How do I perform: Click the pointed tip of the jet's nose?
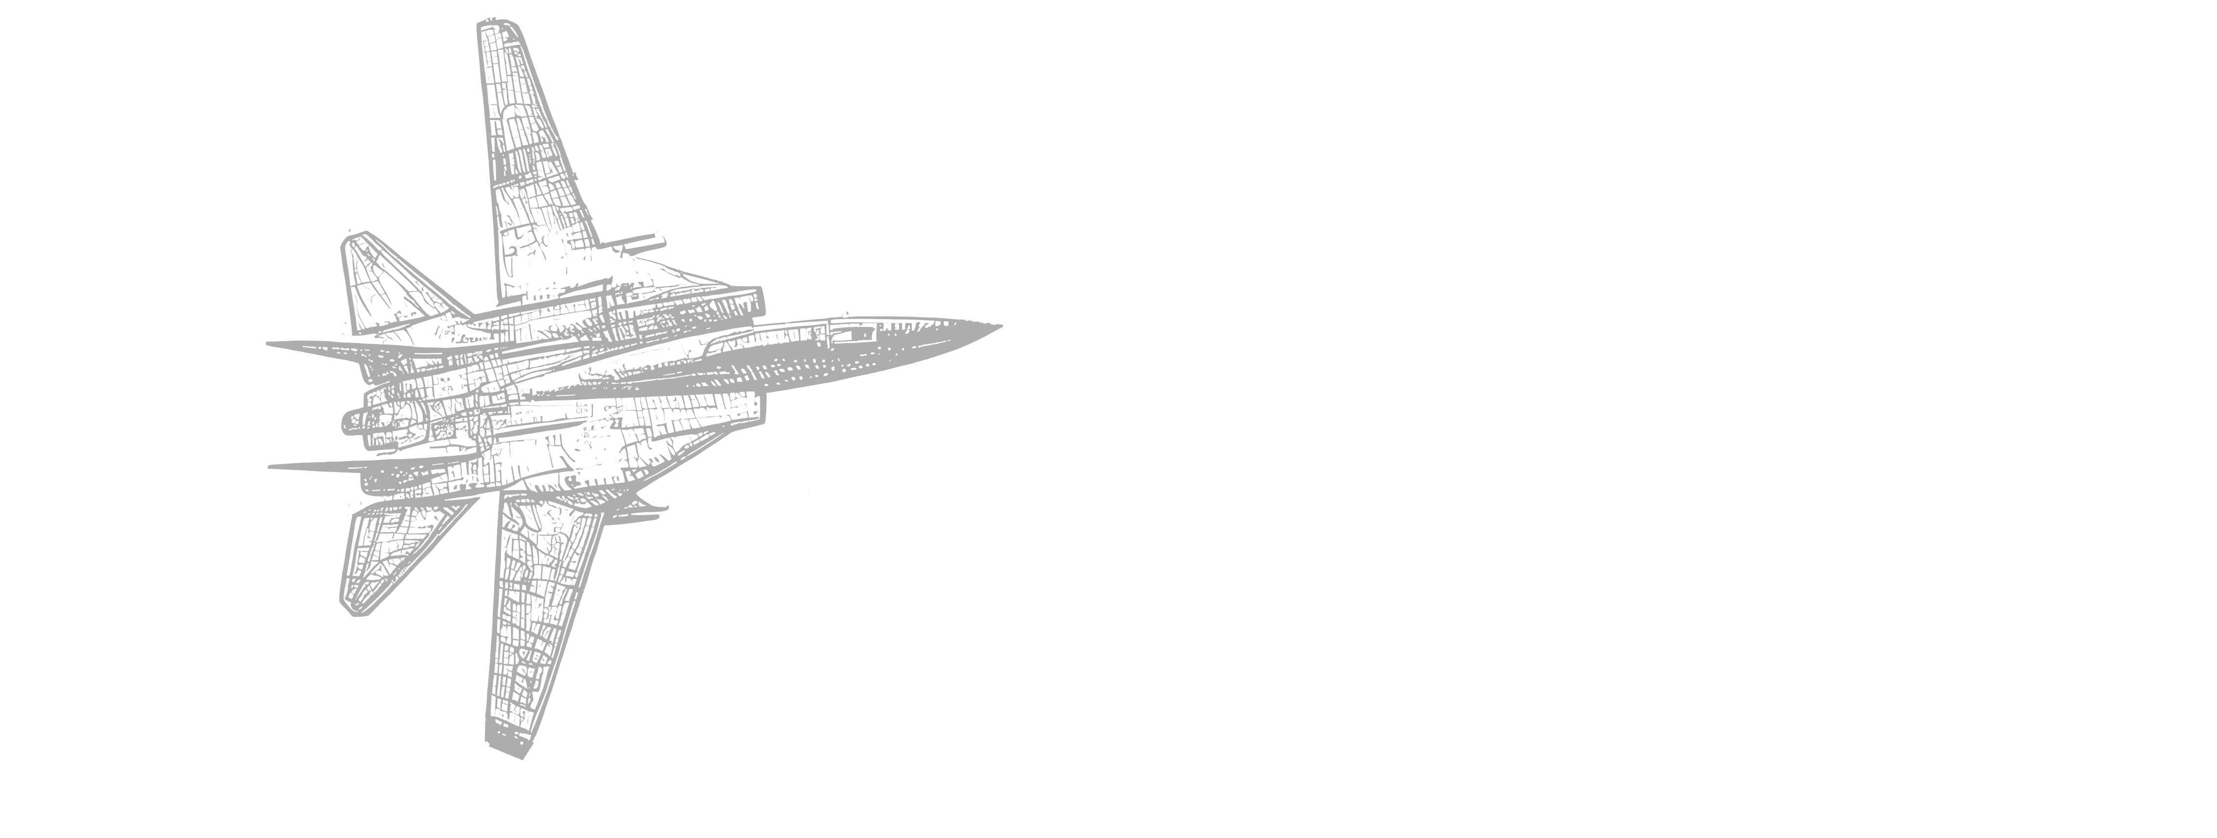point(1000,326)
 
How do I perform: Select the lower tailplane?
point(387,559)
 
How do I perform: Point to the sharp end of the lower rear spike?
point(270,467)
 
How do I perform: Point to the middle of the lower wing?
point(538,619)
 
